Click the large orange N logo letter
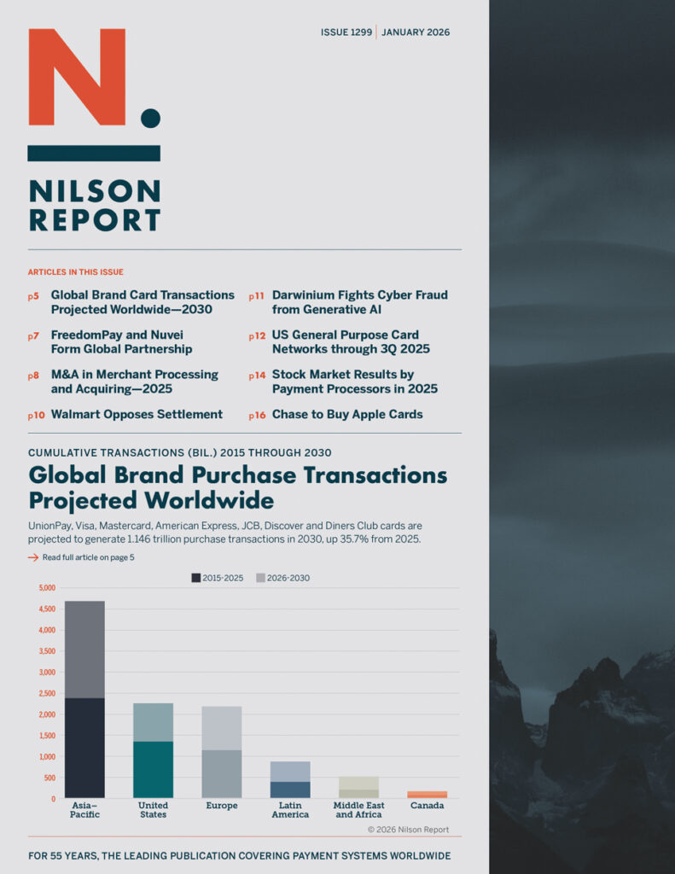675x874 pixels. point(77,77)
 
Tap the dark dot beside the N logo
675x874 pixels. point(150,118)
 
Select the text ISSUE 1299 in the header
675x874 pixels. point(346,32)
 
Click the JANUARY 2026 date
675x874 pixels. point(416,32)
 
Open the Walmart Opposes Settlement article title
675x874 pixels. point(137,415)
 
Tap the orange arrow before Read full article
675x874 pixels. point(33,557)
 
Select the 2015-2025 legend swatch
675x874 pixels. point(196,578)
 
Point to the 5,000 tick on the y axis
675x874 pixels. point(47,588)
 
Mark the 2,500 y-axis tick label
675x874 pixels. point(47,693)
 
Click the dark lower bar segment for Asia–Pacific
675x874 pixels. point(84,748)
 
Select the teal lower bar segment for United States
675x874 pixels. point(153,769)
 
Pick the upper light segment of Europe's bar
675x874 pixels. point(222,728)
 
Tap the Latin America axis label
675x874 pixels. point(290,810)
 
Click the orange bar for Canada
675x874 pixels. point(427,795)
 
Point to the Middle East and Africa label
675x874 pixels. point(358,810)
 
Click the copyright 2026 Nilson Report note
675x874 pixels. point(408,830)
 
